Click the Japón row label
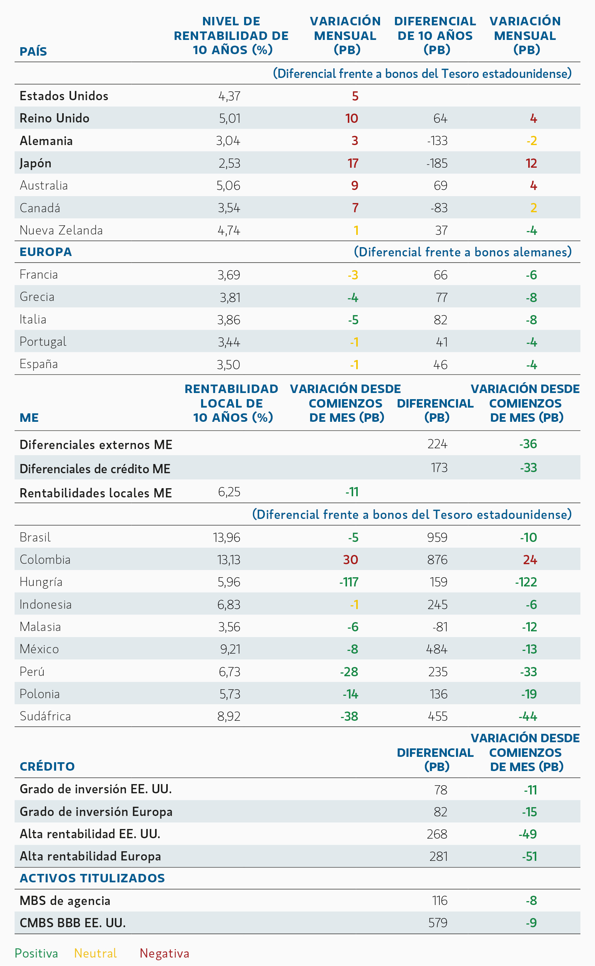(x=35, y=163)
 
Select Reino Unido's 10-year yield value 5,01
(x=230, y=118)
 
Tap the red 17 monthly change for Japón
(x=353, y=163)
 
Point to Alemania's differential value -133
(x=437, y=141)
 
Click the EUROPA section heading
(x=46, y=252)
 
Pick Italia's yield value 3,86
(x=229, y=320)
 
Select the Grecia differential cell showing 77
(x=441, y=297)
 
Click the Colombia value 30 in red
(x=350, y=560)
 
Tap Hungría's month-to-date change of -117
(x=349, y=582)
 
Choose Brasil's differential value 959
(x=437, y=537)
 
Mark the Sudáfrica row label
(x=45, y=716)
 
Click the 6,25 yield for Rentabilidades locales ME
(x=229, y=492)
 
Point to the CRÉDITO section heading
(x=47, y=766)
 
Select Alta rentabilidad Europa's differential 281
(x=439, y=856)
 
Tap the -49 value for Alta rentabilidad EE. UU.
(x=528, y=834)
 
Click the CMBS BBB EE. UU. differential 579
(x=438, y=923)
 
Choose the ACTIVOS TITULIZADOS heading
(x=93, y=878)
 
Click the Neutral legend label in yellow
(x=96, y=953)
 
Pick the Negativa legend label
(x=165, y=953)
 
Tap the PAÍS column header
(x=33, y=51)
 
